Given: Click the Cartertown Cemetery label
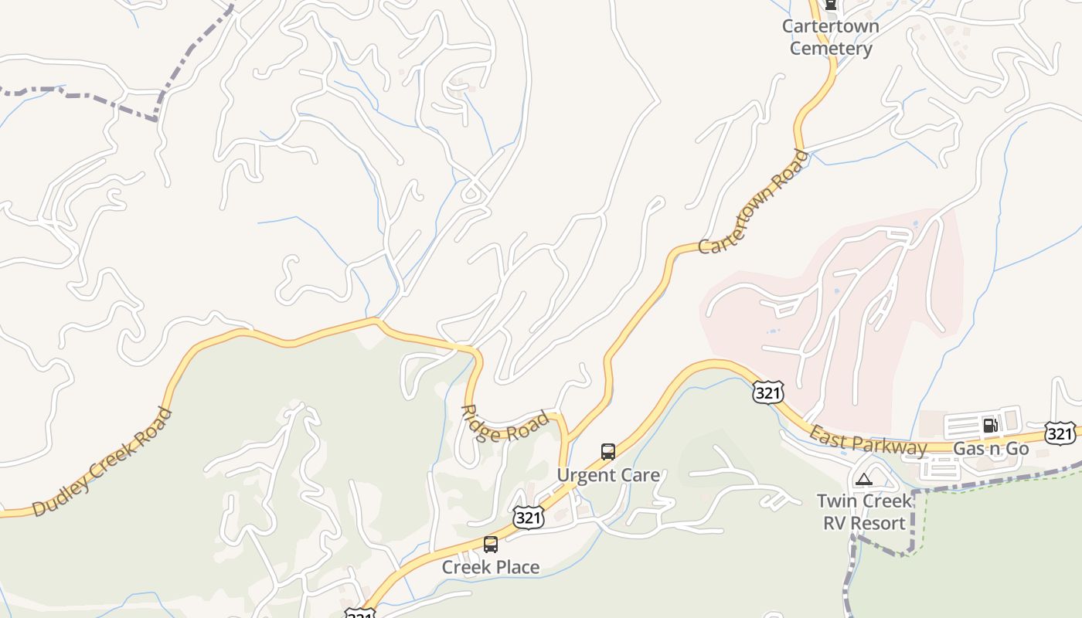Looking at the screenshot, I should click(831, 37).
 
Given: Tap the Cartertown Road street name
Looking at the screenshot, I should click(754, 202).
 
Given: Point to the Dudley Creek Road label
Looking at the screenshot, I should click(102, 462).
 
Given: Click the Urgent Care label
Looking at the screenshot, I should click(608, 475).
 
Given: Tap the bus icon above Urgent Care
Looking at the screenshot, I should click(608, 452).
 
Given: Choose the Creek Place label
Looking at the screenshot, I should click(491, 567).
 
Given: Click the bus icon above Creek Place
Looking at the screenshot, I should click(491, 545).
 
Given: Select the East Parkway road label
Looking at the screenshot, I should click(868, 440).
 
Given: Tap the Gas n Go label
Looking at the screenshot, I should click(991, 448).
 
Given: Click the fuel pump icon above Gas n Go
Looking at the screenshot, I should click(990, 425).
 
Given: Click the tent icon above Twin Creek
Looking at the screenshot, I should click(863, 479).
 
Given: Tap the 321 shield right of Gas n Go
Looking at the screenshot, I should click(1060, 433).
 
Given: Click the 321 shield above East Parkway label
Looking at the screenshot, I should click(768, 393).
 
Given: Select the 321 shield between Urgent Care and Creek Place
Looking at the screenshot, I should click(528, 518).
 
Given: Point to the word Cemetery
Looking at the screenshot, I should click(831, 49).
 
